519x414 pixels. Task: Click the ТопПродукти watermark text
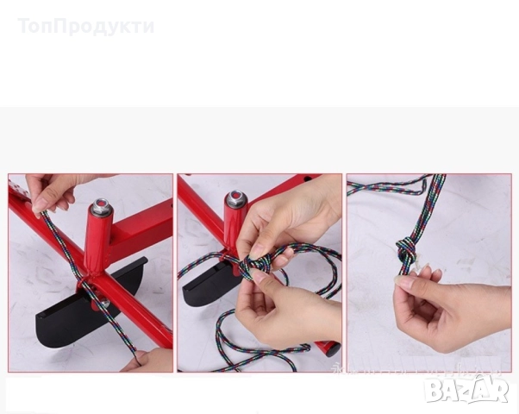(x=85, y=27)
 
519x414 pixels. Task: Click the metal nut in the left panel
(x=101, y=207)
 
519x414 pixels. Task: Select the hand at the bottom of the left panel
(x=151, y=360)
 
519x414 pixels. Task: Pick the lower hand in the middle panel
(x=285, y=302)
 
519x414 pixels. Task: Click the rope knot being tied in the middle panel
(x=263, y=263)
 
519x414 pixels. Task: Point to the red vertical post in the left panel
(x=97, y=241)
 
